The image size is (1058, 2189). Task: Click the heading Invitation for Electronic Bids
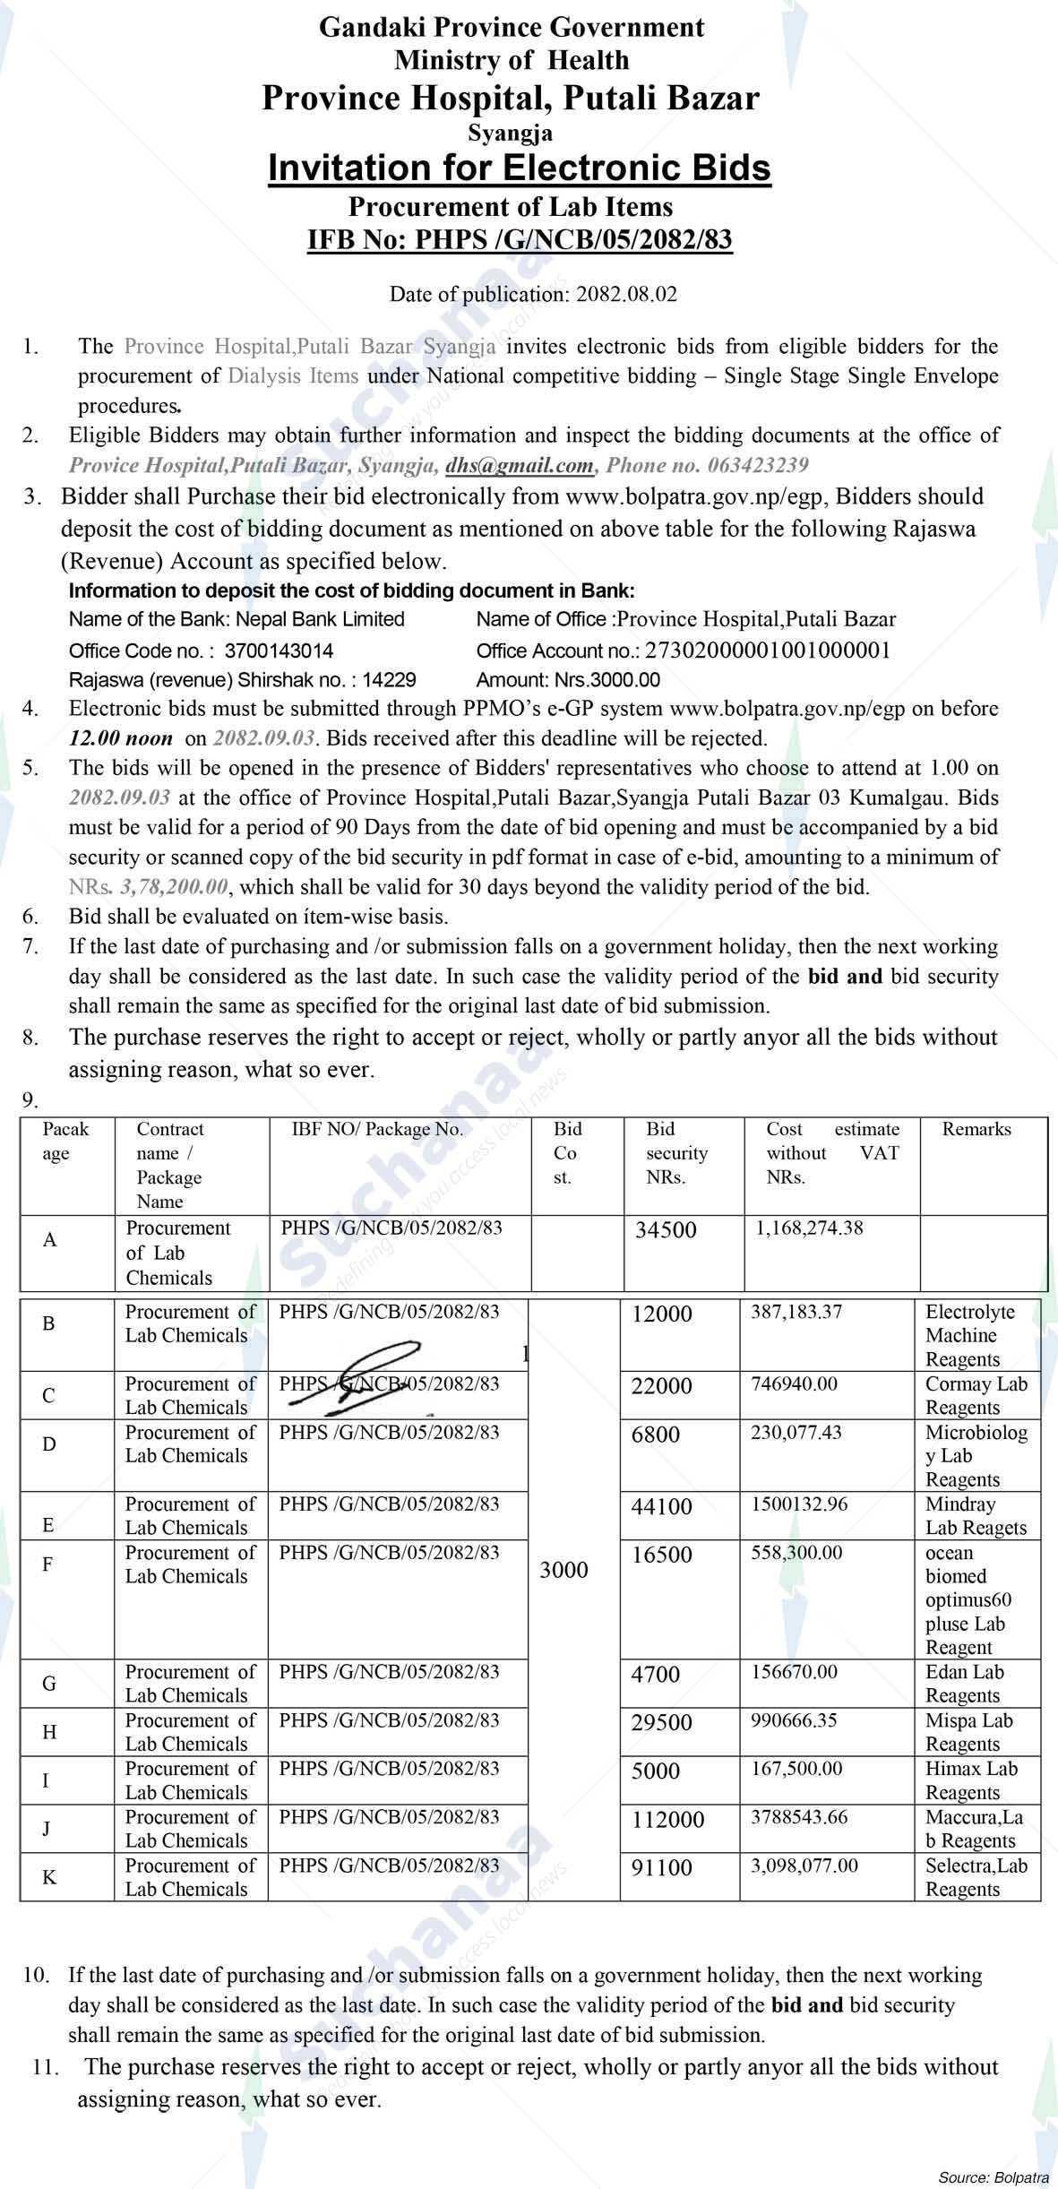pos(520,168)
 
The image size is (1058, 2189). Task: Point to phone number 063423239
pos(758,465)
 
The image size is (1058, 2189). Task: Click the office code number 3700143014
pos(279,651)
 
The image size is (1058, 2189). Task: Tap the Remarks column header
pos(976,1130)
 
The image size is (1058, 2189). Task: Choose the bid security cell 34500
pos(666,1230)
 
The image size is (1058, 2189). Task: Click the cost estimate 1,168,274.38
pos(810,1228)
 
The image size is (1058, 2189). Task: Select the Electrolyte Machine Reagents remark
pos(970,1336)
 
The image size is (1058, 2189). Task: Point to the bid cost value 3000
pos(563,1595)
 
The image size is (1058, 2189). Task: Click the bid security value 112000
pos(667,1820)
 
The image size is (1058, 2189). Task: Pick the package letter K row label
pos(49,1877)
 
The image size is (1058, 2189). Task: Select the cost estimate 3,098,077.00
pos(804,1866)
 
